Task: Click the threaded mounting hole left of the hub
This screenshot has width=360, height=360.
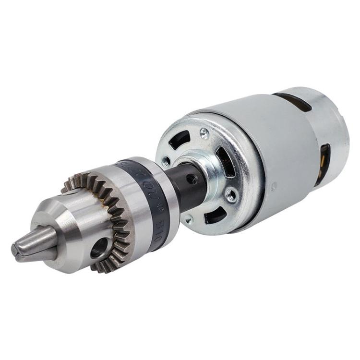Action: [167, 161]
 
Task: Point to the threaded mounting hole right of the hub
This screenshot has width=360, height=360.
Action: [231, 195]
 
